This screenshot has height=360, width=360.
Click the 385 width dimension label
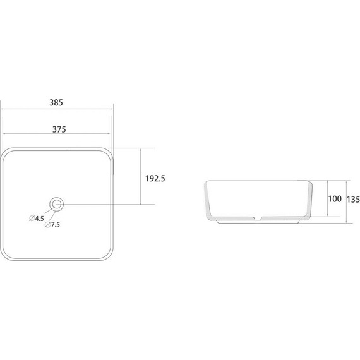coord(56,102)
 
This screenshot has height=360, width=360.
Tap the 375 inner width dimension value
coord(59,129)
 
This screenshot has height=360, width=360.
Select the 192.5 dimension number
coord(155,178)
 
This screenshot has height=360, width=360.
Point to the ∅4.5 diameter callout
coord(37,219)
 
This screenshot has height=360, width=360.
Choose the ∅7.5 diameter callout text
coord(52,225)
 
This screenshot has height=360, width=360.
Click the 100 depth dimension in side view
coord(335,199)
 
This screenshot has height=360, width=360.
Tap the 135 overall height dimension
coord(353,200)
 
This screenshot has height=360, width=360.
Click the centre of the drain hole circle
coord(56,204)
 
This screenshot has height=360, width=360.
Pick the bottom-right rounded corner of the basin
coord(109,256)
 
